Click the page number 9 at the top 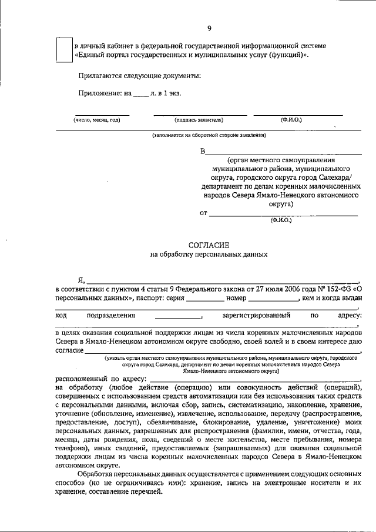209,29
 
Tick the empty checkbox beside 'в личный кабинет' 63,49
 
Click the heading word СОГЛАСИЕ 209,244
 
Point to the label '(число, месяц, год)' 97,120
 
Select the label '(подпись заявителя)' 200,120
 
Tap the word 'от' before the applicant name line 204,213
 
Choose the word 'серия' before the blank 176,299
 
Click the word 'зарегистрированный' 257,315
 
